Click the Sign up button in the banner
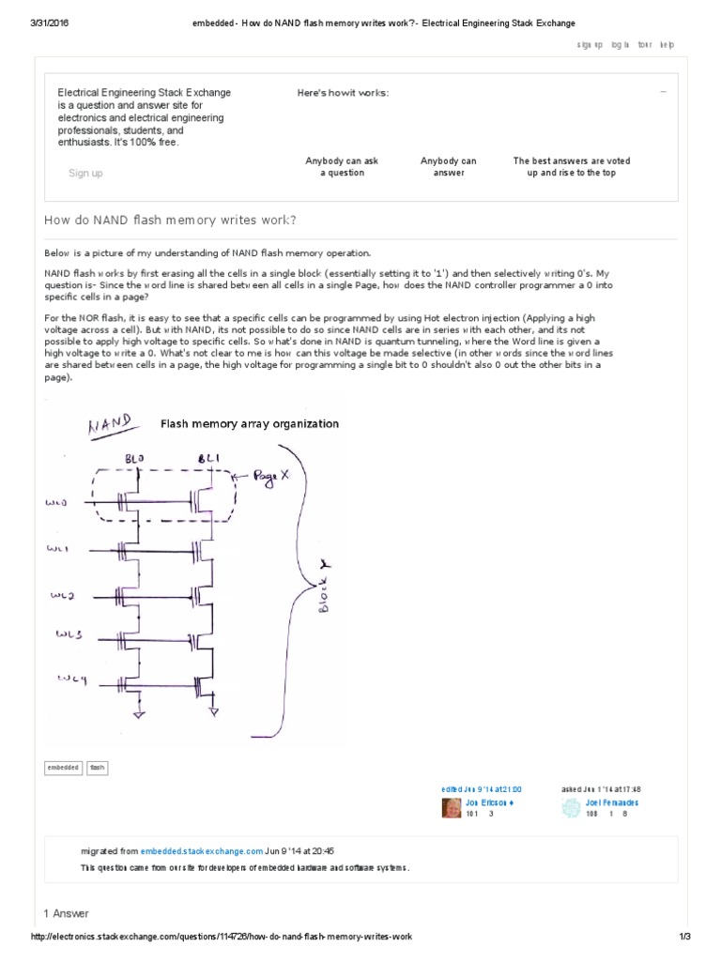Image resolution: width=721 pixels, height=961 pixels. click(85, 173)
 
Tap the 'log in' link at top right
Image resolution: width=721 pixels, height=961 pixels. click(621, 45)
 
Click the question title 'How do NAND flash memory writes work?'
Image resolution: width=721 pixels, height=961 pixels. click(171, 220)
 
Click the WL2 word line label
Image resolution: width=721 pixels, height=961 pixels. click(62, 595)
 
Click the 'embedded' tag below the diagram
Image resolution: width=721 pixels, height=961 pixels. click(64, 768)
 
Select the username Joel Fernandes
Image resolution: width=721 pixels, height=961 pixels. click(611, 803)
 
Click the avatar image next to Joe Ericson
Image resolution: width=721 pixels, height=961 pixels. click(451, 808)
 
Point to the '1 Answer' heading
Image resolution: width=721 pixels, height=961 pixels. click(67, 913)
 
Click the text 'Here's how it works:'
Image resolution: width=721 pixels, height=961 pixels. click(343, 93)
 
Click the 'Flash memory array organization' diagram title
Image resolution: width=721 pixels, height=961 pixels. click(250, 424)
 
